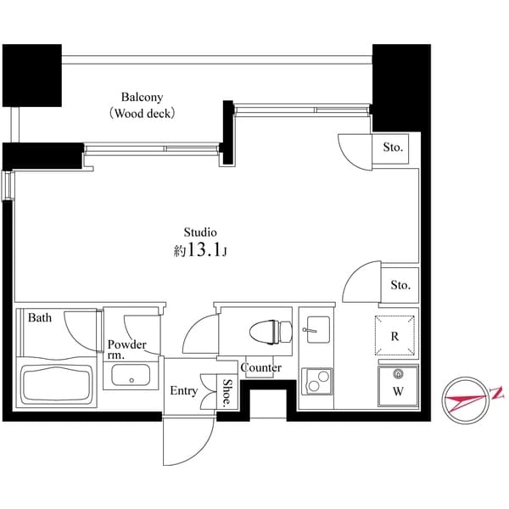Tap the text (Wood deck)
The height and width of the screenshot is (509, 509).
point(141,112)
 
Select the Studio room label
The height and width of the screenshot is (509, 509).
point(201,232)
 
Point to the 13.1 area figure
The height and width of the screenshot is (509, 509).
point(205,251)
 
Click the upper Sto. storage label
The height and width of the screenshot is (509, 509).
point(392,148)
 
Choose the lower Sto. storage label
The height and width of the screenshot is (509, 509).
point(400,285)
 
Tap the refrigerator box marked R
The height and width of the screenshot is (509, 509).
point(395,335)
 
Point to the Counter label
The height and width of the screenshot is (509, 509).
point(261,367)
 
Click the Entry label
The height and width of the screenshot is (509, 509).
point(183,391)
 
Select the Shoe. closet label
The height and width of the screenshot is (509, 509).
point(229,392)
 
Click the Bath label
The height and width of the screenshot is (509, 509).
point(40,318)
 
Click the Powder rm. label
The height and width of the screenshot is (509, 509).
point(126,350)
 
